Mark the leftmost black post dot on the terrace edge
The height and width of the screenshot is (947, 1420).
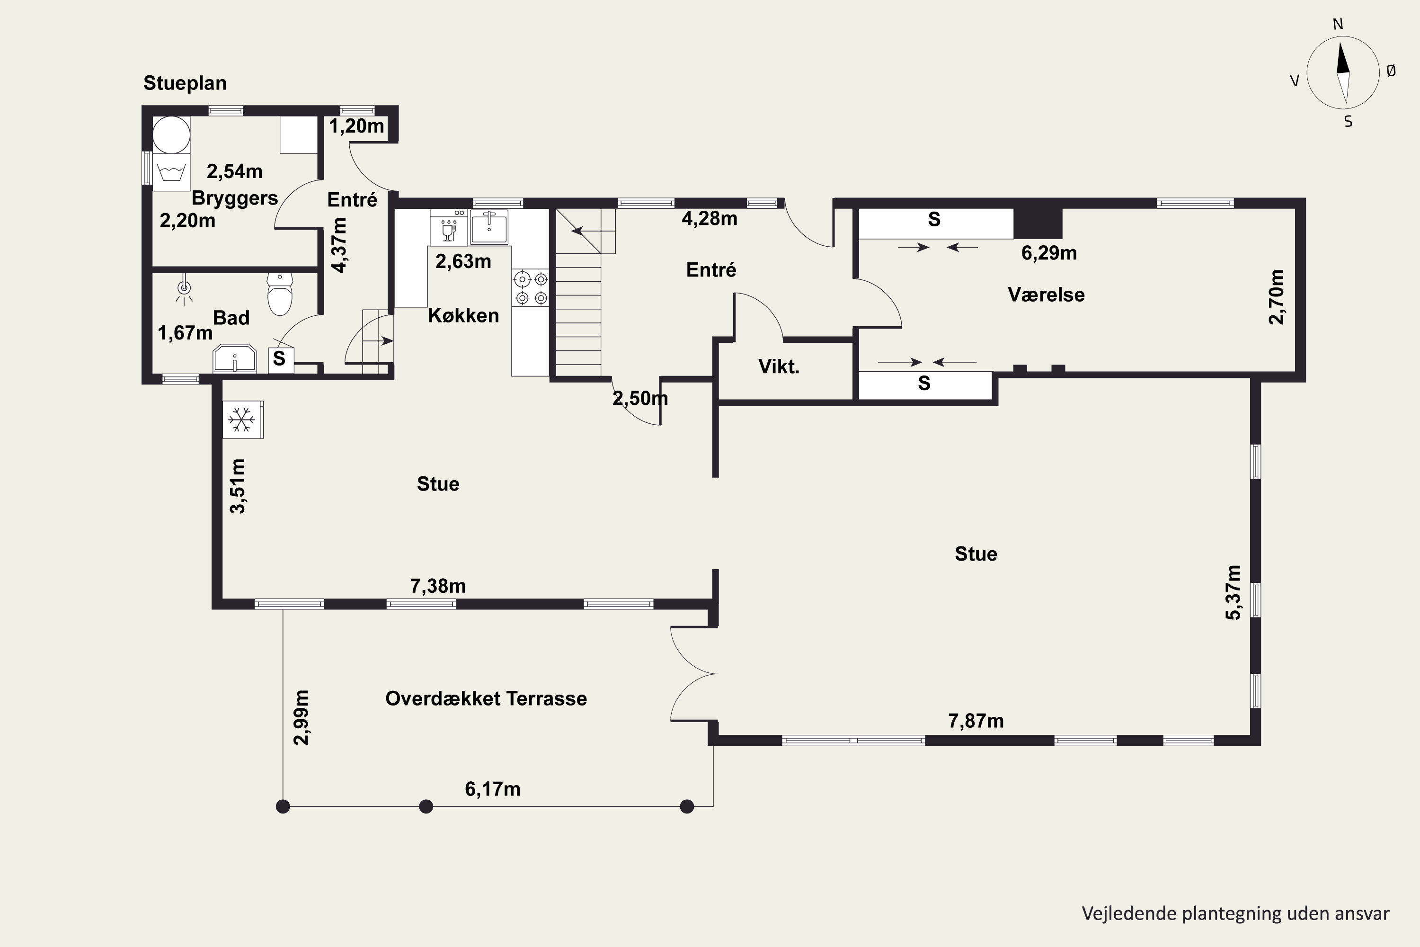point(283,806)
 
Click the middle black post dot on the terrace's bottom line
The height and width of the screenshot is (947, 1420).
point(426,806)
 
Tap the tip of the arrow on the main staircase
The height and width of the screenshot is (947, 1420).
point(572,230)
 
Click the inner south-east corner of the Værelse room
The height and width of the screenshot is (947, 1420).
point(1296,371)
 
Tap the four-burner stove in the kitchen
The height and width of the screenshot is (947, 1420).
point(531,288)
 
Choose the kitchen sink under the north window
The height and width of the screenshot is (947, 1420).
point(489,227)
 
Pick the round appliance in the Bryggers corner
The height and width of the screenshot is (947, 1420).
point(171,134)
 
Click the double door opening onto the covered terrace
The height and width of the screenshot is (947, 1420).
point(694,674)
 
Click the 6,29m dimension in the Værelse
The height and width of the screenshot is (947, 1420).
point(1049,253)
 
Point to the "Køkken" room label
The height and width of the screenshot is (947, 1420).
point(464,315)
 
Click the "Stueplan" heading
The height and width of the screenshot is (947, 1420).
point(185,84)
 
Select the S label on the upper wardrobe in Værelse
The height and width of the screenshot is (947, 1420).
point(934,220)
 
